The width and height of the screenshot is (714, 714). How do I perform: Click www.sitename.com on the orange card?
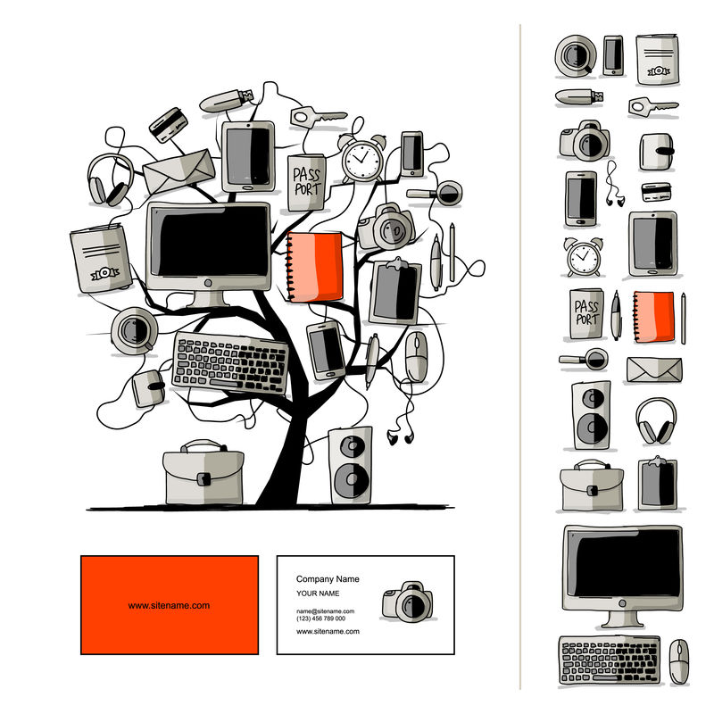click(x=169, y=605)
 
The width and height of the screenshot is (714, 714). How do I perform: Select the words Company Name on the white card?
click(x=328, y=579)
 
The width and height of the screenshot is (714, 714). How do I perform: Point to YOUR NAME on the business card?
click(x=318, y=594)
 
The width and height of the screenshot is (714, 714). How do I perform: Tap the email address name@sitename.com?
click(x=325, y=611)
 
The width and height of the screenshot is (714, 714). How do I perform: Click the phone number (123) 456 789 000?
click(x=320, y=619)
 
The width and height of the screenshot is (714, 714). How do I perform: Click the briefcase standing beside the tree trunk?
click(x=203, y=473)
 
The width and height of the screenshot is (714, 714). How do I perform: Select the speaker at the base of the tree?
click(x=350, y=465)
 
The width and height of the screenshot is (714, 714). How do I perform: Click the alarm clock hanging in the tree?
click(x=361, y=159)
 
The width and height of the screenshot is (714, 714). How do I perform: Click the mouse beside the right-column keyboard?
click(x=679, y=660)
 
